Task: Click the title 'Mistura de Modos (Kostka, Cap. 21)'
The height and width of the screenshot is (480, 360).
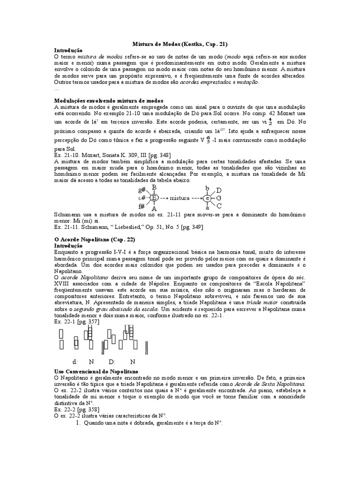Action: (180, 44)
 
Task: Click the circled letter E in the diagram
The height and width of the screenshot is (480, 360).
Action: (154, 198)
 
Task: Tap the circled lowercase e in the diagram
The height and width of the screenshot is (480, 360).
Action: (207, 199)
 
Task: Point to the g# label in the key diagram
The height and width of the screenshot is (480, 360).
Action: (142, 190)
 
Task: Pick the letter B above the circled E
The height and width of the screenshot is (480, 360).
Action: (154, 187)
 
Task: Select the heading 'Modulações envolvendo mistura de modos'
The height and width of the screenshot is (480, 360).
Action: (109, 101)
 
